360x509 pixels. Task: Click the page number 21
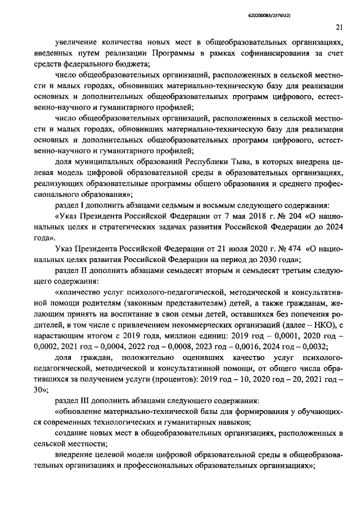click(x=339, y=26)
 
